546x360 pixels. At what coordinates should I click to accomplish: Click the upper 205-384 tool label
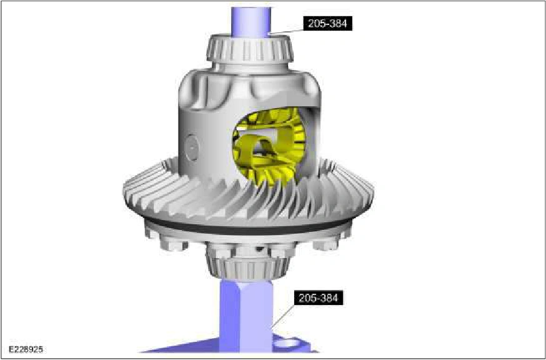tap(328, 24)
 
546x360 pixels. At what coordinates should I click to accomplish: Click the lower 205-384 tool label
tap(319, 298)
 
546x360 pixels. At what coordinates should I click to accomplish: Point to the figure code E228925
tap(26, 349)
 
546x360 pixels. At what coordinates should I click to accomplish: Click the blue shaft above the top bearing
tap(251, 22)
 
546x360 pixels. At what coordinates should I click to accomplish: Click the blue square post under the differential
tap(246, 316)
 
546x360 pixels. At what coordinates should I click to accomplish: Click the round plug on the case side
tap(192, 148)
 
